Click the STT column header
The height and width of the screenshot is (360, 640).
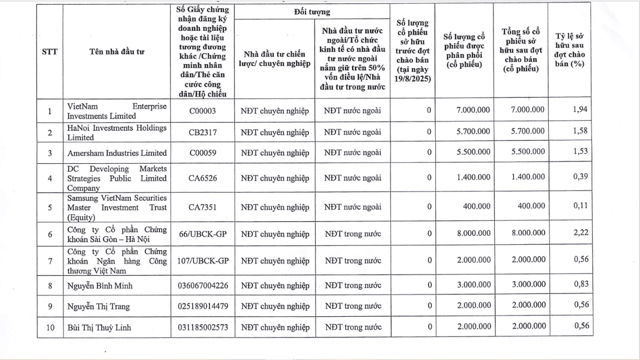[x=50, y=52]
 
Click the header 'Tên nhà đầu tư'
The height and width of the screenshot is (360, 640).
[x=117, y=52]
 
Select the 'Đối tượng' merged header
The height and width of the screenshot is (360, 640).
[x=311, y=11]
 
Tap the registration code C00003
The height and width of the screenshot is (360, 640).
[x=203, y=111]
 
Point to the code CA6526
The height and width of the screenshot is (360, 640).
[x=203, y=178]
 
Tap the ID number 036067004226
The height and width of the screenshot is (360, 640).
[x=203, y=285]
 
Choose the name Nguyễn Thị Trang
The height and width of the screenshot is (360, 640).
[x=98, y=306]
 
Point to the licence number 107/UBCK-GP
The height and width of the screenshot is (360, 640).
[x=203, y=261]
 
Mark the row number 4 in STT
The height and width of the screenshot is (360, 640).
[x=50, y=178]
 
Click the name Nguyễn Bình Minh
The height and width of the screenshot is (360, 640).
[x=100, y=285]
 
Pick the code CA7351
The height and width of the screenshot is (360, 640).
[x=203, y=207]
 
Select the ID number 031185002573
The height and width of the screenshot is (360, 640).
[x=203, y=327]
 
